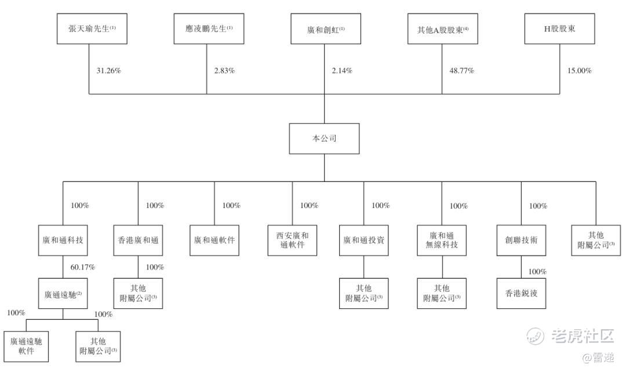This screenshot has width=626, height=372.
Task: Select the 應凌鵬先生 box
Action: pos(207,29)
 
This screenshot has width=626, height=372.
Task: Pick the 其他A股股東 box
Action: pos(442,29)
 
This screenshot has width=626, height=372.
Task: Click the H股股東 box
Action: pos(559,29)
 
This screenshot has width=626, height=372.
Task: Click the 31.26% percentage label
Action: pos(108,71)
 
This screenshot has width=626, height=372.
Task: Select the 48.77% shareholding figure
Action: pos(462,71)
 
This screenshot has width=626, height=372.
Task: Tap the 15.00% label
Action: pos(579,71)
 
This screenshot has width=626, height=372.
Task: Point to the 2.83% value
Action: pos(224,71)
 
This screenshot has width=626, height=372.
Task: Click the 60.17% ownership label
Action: pos(83,267)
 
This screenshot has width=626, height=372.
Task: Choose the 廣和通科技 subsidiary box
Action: pos(63,240)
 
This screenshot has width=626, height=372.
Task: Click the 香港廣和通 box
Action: pos(138,240)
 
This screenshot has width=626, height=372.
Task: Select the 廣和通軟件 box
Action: pos(214,240)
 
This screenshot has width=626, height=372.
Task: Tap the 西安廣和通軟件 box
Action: pos(292,240)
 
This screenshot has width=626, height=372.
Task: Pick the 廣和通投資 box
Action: pos(363,240)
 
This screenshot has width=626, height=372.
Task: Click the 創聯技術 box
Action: pos(521,240)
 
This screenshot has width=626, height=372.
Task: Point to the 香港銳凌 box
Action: pos(521,293)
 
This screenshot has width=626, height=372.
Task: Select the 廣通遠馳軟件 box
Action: pos(26,346)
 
